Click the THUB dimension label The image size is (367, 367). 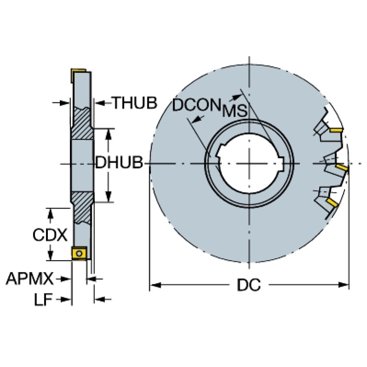tap(134, 103)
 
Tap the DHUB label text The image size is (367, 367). tap(119, 162)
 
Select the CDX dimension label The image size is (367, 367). tap(50, 235)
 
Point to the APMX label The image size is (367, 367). tap(30, 278)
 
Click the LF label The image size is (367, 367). tap(43, 300)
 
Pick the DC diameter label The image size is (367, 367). tap(248, 285)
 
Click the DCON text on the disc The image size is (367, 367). tap(197, 105)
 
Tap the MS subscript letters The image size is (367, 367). tap(234, 111)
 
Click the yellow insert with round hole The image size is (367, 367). tap(79, 253)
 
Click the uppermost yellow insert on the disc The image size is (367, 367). tap(336, 130)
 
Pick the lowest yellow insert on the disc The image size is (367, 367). tap(332, 202)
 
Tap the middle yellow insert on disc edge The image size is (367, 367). tap(341, 167)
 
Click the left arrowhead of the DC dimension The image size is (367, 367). tap(155, 285)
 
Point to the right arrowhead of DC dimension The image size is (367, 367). tap(344, 285)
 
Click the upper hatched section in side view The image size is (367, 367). tap(82, 123)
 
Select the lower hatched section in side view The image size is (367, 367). tap(82, 208)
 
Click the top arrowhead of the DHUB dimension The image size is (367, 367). tap(108, 134)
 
